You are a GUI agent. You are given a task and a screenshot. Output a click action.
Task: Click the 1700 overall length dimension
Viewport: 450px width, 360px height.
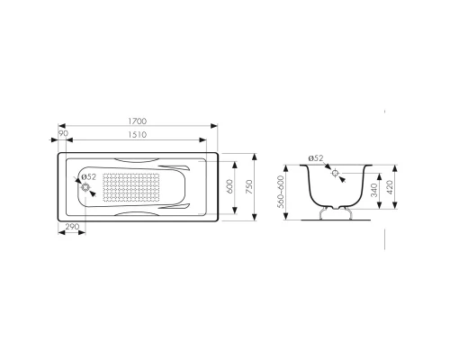[138, 121]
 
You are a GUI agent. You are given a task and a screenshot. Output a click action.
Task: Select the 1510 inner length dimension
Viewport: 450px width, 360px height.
[138, 135]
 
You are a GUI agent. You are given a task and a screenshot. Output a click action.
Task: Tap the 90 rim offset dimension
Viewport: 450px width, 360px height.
[63, 133]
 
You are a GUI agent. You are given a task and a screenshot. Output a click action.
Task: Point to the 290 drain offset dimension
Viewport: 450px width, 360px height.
[72, 227]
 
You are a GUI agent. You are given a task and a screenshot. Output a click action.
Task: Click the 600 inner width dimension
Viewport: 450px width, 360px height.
[230, 187]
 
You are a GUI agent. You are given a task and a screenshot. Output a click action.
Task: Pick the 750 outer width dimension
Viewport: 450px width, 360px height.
[249, 187]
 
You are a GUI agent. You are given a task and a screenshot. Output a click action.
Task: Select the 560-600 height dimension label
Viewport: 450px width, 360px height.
[281, 192]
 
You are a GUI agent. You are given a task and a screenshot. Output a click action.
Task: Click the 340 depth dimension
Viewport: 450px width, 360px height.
[373, 191]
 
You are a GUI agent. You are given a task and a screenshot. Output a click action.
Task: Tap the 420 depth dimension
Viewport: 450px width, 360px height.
[390, 187]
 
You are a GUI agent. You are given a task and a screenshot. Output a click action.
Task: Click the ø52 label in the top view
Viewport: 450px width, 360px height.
[88, 177]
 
